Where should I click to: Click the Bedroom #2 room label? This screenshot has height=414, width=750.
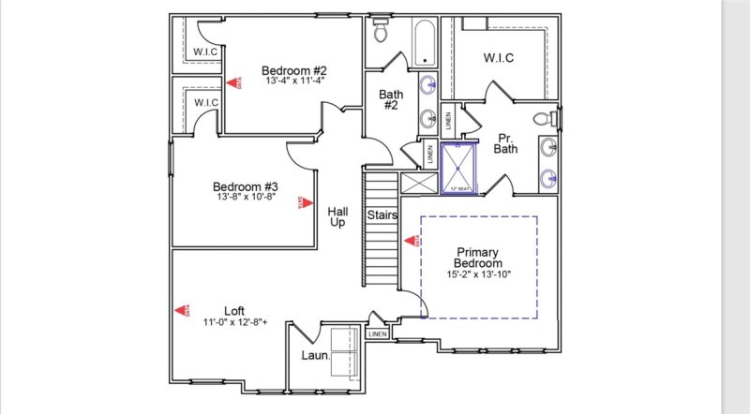point(293,70)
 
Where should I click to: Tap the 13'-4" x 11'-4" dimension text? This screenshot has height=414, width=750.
point(293,81)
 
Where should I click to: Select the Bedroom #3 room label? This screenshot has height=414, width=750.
point(244,185)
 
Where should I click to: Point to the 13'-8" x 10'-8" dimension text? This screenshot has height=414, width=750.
point(244,197)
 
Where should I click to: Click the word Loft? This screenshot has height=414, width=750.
point(234,311)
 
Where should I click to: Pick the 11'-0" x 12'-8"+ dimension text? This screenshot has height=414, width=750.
point(235,322)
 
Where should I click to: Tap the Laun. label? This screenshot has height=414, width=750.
point(313,356)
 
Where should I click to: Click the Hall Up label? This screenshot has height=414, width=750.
point(337,218)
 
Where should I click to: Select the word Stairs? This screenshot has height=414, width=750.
point(382,215)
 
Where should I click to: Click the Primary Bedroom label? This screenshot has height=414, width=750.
point(479,258)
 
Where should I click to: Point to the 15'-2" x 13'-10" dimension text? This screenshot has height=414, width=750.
point(479,274)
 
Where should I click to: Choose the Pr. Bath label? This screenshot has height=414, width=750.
point(506,142)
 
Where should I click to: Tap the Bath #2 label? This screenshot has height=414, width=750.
point(391,100)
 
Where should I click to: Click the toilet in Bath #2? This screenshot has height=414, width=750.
point(382,32)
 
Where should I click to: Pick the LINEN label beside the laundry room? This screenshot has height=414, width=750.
point(377,333)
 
